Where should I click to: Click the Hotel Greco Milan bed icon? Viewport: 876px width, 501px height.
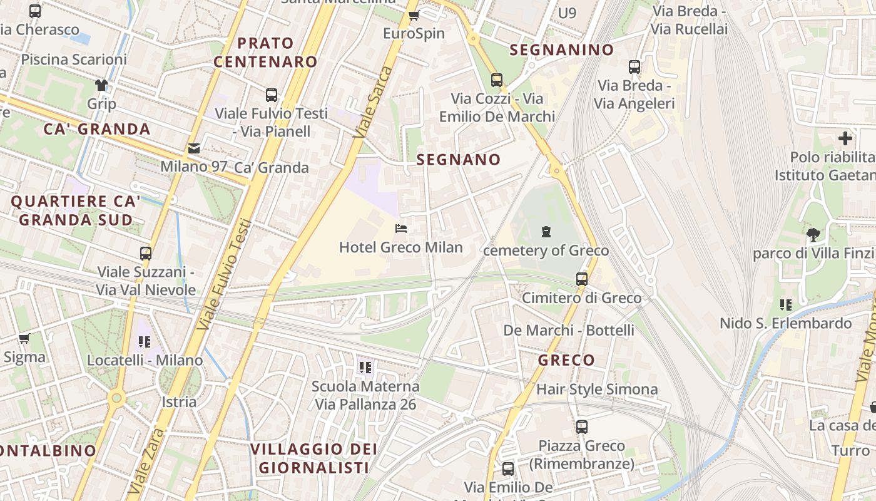[401, 229]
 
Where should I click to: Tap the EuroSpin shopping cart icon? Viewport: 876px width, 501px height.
[414, 15]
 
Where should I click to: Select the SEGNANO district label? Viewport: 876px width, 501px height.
[459, 160]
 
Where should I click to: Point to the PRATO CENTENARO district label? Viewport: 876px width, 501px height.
[265, 53]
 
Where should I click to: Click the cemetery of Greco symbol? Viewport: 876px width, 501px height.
[546, 232]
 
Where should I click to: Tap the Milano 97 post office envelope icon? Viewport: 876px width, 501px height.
[194, 148]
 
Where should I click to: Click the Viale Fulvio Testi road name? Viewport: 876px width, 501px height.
[223, 274]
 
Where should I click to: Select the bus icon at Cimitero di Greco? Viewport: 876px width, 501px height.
[582, 279]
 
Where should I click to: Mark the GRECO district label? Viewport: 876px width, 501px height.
[566, 360]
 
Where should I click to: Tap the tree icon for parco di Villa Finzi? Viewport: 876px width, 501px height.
[813, 235]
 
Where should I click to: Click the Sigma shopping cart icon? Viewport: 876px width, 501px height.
[24, 339]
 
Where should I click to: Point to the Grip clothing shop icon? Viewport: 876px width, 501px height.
[101, 85]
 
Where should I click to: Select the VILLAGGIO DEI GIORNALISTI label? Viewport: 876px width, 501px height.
[313, 458]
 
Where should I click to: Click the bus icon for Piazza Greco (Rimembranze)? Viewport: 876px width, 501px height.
[582, 427]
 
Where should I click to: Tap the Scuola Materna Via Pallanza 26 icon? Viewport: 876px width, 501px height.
[365, 367]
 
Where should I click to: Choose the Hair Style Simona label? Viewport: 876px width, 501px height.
[597, 390]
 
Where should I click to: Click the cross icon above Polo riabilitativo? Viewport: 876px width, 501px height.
[845, 138]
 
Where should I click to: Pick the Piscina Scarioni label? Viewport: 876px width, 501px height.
[74, 59]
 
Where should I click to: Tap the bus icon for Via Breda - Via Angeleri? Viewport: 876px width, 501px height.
[634, 66]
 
